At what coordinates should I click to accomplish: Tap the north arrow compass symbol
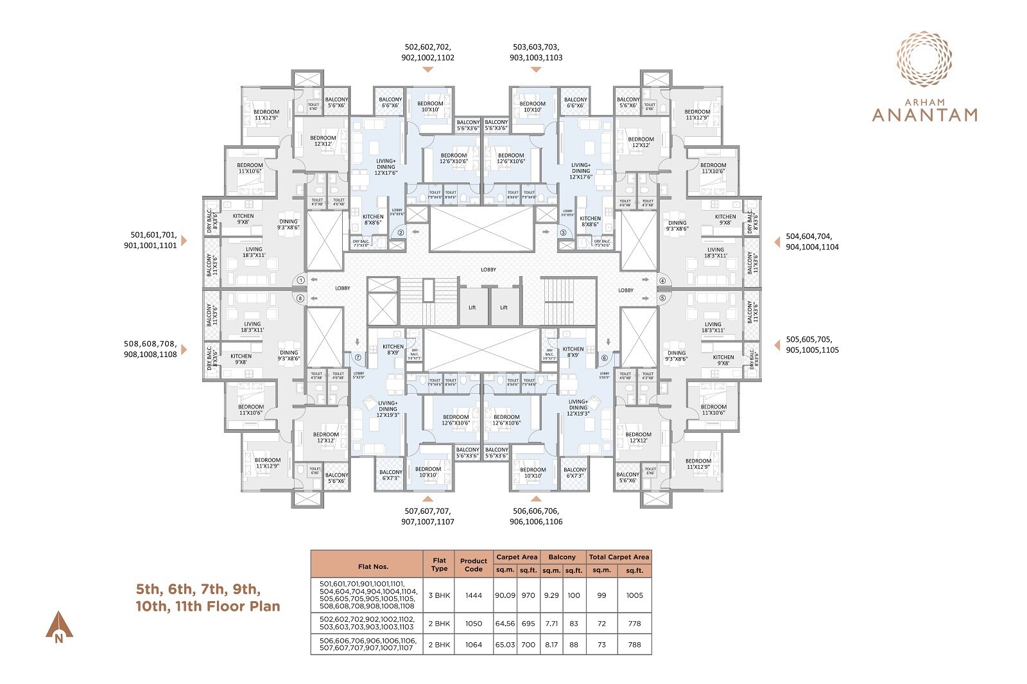click(59, 625)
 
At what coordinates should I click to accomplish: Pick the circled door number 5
click(662, 297)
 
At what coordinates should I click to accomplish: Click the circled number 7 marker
click(358, 358)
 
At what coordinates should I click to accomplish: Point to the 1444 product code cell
click(474, 595)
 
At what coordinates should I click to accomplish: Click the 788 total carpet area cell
click(634, 644)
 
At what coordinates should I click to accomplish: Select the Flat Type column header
click(439, 565)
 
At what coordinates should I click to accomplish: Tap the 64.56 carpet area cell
click(505, 624)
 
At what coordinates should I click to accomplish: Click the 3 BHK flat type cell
click(439, 595)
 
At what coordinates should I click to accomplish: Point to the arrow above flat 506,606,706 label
click(536, 498)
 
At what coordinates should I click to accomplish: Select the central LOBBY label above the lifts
click(488, 270)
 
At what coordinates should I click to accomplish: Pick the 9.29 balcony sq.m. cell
click(551, 595)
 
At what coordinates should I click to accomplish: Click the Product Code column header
click(474, 565)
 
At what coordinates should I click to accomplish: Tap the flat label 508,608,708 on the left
click(150, 349)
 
